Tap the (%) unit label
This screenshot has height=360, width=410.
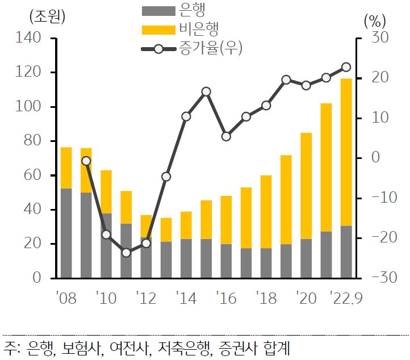click(374, 22)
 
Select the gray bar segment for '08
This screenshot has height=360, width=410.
click(66, 233)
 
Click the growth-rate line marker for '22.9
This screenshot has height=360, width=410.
click(346, 67)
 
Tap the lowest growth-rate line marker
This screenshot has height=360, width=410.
click(126, 252)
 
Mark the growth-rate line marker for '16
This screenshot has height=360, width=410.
click(226, 136)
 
